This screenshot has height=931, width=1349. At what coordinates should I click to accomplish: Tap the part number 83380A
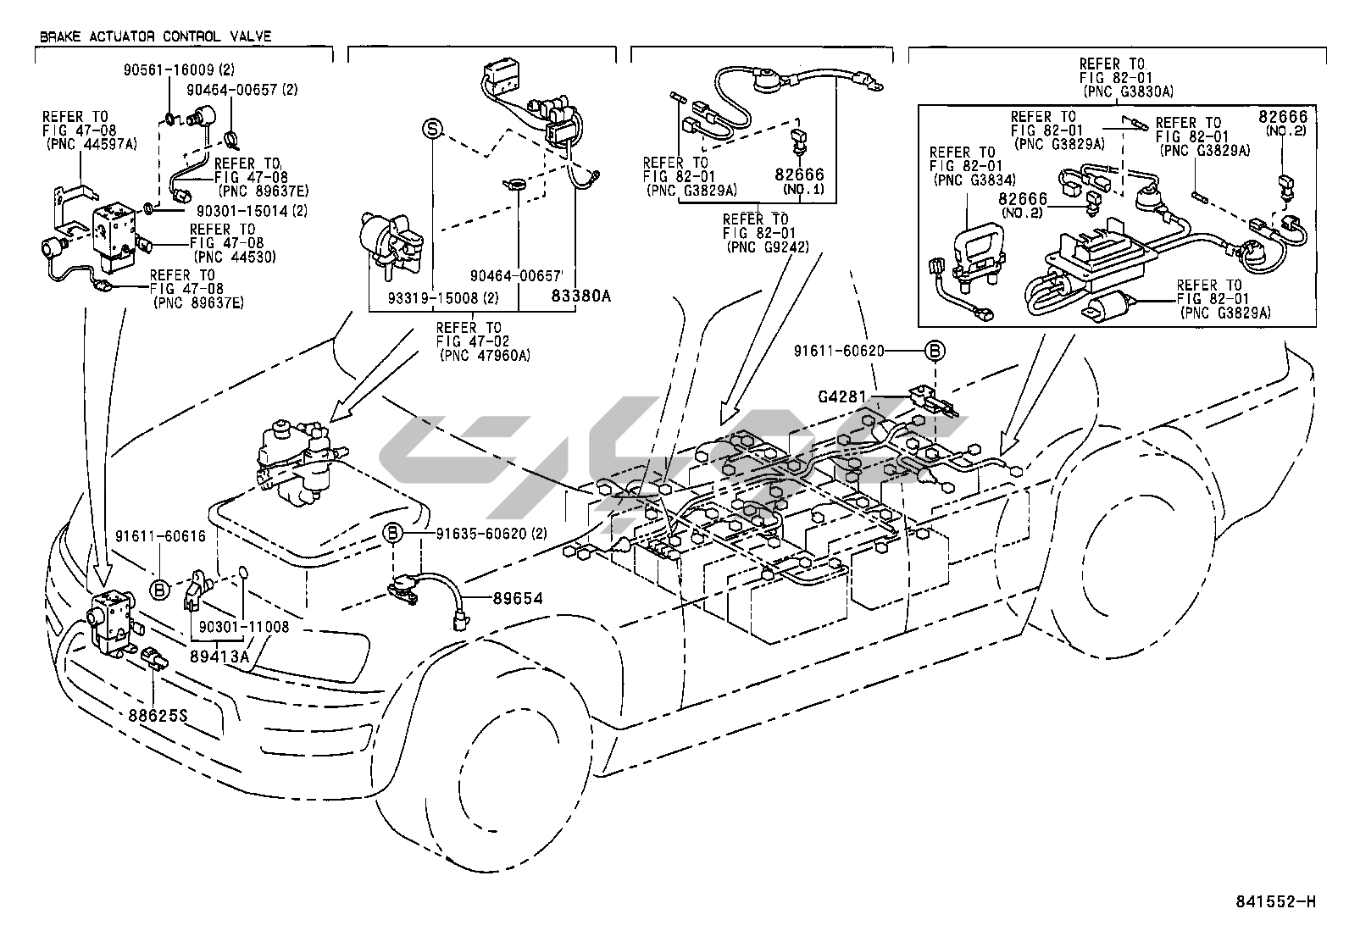tap(581, 296)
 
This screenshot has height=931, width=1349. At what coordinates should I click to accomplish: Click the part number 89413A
tap(220, 656)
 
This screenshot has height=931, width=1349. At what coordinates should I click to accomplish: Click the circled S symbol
tap(432, 129)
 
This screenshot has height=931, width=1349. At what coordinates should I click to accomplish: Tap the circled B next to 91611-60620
tap(934, 350)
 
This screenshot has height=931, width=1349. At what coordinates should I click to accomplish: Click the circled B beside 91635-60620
tap(392, 534)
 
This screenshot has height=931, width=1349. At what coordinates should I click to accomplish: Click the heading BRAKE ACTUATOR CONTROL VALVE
tap(155, 36)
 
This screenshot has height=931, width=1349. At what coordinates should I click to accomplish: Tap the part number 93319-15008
tap(433, 299)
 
